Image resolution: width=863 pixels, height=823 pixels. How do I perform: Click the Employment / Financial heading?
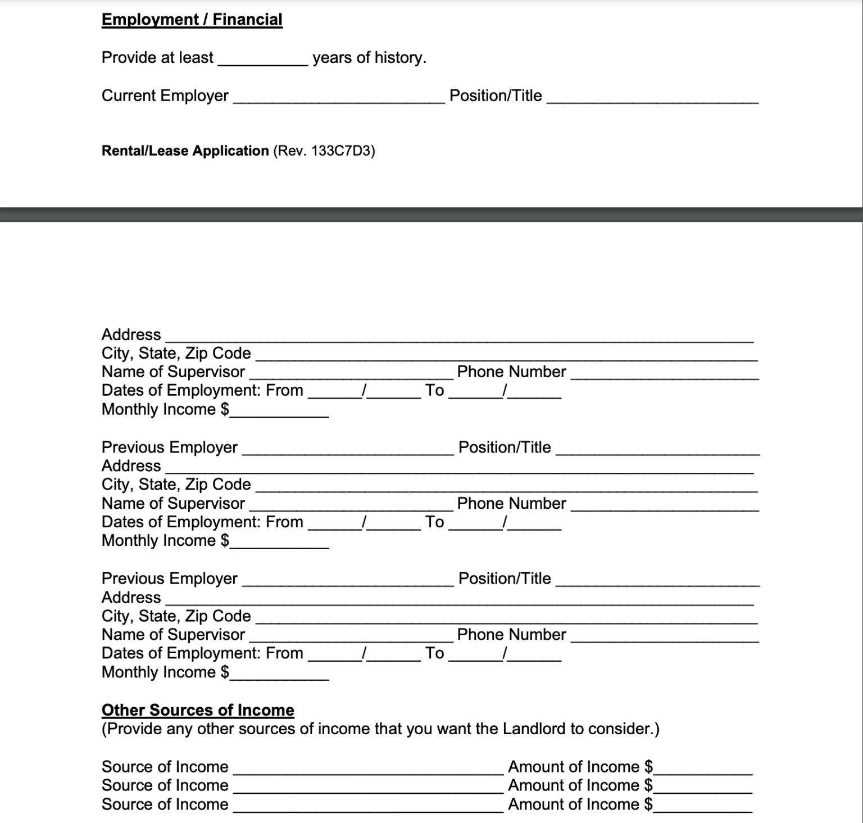coord(192,20)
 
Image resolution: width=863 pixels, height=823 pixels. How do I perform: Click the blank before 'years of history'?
coord(262,61)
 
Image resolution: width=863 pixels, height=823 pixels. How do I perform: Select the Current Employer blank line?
coord(338,99)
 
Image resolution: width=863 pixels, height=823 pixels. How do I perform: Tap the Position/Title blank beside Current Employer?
coord(652,99)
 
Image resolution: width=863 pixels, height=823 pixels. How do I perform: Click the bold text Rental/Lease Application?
coord(185,151)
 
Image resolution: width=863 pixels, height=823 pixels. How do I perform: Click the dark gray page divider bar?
coord(431,215)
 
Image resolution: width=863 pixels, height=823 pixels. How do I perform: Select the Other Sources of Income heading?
coord(198,710)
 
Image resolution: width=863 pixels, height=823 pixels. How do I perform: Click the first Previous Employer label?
coord(169,447)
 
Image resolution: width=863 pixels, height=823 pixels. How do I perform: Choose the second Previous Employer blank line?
coord(347,582)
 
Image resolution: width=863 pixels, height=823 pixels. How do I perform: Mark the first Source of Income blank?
coord(368,771)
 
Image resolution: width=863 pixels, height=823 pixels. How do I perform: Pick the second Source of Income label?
coord(165,786)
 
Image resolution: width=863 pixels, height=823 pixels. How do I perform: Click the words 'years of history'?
coord(369,58)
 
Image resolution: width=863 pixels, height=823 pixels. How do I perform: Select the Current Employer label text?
coord(165,96)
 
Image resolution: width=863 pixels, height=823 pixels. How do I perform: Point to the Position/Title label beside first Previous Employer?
coord(505,447)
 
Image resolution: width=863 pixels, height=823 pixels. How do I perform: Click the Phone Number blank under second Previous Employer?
coord(664,638)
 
